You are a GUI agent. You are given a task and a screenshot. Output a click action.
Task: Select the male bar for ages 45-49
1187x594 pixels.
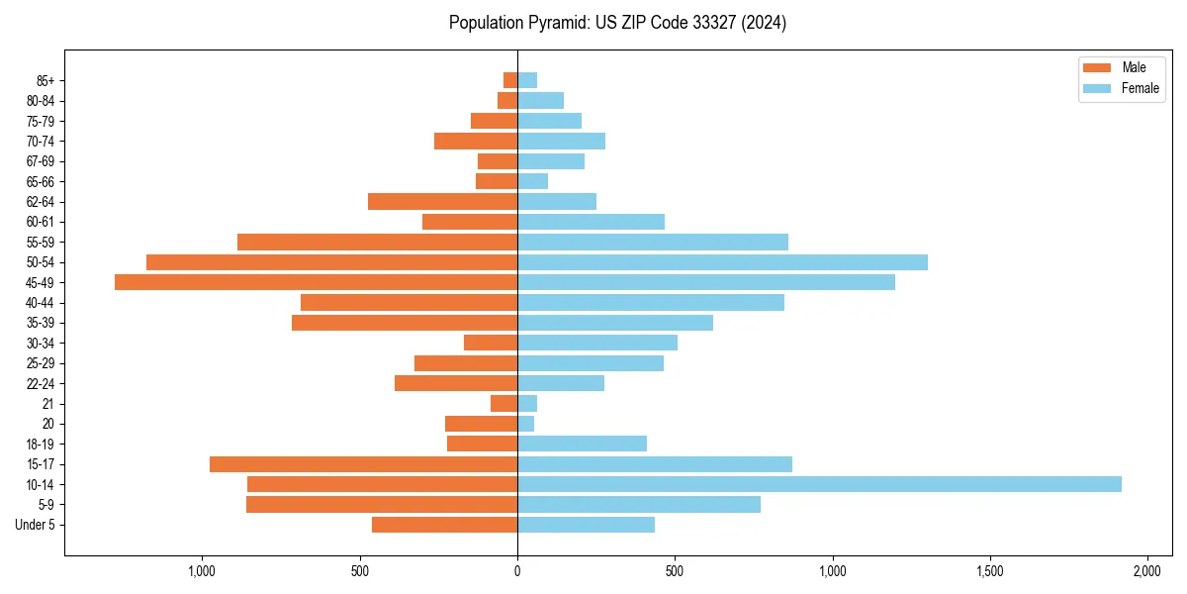click(316, 282)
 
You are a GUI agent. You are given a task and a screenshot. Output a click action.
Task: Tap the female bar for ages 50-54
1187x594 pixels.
click(722, 262)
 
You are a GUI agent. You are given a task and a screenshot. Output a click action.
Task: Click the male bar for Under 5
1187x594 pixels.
click(444, 525)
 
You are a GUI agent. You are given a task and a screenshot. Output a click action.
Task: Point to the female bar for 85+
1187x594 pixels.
click(527, 80)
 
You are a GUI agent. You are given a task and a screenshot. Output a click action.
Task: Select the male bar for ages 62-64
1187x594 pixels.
click(442, 202)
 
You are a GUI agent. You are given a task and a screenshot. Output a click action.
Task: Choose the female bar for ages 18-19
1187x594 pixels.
click(582, 444)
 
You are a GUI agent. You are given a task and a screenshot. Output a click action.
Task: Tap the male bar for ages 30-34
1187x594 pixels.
click(491, 343)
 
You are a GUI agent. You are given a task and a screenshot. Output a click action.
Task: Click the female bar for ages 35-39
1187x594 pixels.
click(615, 323)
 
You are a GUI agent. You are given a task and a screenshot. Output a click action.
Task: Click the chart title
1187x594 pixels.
click(617, 23)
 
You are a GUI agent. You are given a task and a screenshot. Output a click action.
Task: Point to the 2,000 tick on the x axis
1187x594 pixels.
click(1147, 572)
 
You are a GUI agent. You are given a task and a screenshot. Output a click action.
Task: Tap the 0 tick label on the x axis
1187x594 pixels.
click(517, 572)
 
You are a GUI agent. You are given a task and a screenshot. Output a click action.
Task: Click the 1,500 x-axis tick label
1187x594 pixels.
click(990, 572)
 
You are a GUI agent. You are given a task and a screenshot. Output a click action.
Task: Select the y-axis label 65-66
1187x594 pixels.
click(41, 181)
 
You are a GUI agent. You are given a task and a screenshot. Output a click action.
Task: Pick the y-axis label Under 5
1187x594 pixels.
click(35, 525)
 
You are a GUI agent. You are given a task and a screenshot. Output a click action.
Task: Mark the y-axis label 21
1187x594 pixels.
click(47, 404)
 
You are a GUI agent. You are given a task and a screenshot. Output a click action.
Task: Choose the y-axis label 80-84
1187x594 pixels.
click(41, 101)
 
